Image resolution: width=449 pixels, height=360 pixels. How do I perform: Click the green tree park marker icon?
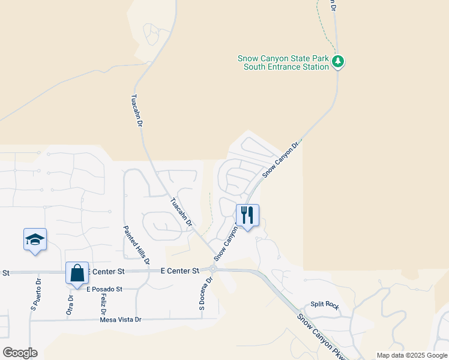pos(338,61)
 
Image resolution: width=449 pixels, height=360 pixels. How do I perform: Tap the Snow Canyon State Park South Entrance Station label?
pos(283,62)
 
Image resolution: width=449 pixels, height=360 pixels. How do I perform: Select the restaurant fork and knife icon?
pos(247,215)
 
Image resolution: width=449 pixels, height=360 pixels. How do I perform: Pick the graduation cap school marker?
pos(35,239)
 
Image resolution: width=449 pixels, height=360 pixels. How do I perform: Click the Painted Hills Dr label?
pos(136,245)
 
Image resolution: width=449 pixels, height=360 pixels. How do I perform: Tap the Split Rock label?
pos(325,305)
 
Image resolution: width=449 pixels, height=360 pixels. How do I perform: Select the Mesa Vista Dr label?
pos(121,320)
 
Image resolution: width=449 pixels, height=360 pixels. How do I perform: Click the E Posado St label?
pos(104,289)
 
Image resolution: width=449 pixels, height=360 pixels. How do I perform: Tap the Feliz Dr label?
pos(103,304)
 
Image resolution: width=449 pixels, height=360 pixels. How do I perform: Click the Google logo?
pos(20,353)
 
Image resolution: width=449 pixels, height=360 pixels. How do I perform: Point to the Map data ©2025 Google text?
pos(411,355)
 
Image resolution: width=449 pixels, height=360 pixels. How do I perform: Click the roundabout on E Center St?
pos(212,270)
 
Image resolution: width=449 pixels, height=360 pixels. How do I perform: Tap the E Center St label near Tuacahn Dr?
pos(180,271)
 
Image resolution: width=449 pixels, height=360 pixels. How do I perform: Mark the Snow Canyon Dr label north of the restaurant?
pos(281,160)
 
